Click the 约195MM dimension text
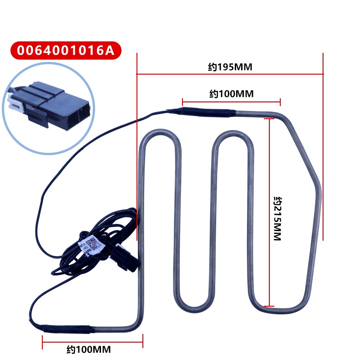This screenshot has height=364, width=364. [x=230, y=67]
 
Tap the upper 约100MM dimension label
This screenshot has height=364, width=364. [x=231, y=94]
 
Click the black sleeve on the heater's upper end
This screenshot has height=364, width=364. [x=207, y=111]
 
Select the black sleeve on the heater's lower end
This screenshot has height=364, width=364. [x=64, y=329]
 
